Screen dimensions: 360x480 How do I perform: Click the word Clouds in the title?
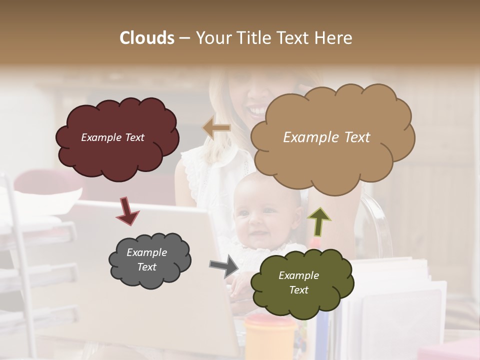point(147,38)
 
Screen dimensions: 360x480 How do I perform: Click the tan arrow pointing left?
point(217,128)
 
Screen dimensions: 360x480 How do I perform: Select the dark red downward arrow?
point(127,210)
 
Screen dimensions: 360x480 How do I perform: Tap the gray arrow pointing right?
point(224,266)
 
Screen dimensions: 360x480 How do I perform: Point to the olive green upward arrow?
point(318,221)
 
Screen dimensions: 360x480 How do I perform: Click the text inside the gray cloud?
point(146,260)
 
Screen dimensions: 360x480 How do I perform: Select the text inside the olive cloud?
point(298,282)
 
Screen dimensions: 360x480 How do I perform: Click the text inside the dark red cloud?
point(112,137)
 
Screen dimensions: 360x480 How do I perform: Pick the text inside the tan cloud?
point(326,137)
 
